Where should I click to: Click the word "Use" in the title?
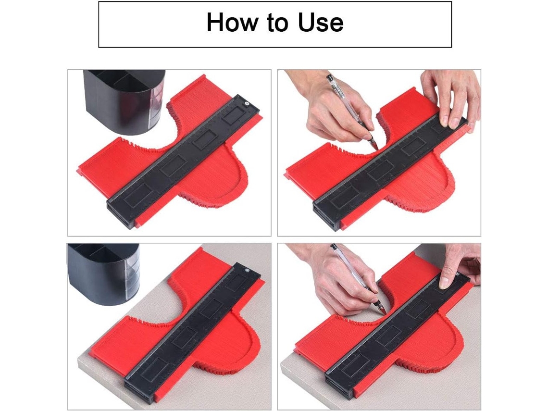pyautogui.click(x=321, y=23)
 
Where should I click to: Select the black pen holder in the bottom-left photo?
pyautogui.click(x=104, y=271)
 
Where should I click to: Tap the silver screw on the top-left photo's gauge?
pyautogui.click(x=247, y=103)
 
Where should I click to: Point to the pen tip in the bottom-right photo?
pyautogui.click(x=384, y=312)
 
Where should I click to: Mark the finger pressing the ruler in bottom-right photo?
pyautogui.click(x=446, y=275)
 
